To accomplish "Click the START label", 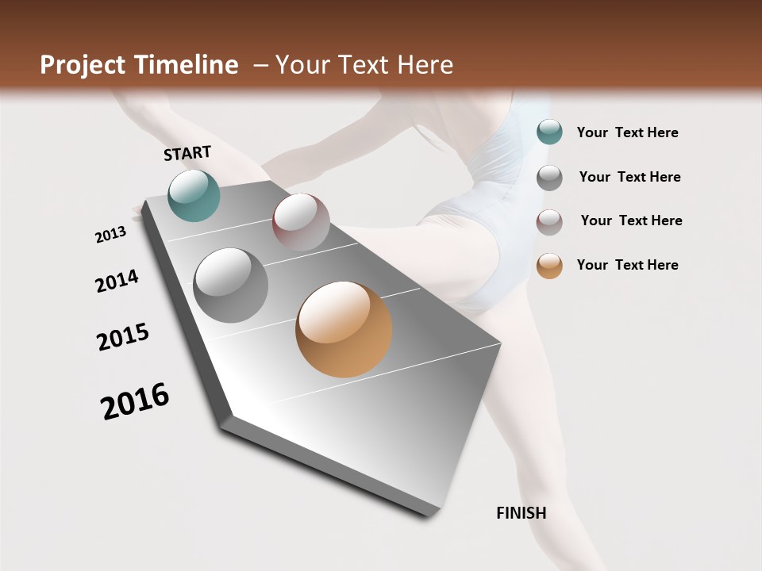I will pyautogui.click(x=187, y=153).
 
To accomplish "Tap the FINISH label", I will pyautogui.click(x=521, y=513).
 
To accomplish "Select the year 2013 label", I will pyautogui.click(x=111, y=235).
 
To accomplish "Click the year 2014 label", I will pyautogui.click(x=117, y=281).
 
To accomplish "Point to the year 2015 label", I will pyautogui.click(x=123, y=337).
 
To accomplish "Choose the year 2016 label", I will pyautogui.click(x=135, y=401).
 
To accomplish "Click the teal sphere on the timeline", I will pyautogui.click(x=194, y=195).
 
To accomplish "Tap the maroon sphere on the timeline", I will pyautogui.click(x=301, y=222).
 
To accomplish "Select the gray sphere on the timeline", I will pyautogui.click(x=231, y=285).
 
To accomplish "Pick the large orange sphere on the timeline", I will pyautogui.click(x=344, y=329).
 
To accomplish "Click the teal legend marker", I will pyautogui.click(x=549, y=132).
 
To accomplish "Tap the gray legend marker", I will pyautogui.click(x=549, y=177).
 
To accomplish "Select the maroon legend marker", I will pyautogui.click(x=549, y=221).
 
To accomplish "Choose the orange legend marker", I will pyautogui.click(x=549, y=266).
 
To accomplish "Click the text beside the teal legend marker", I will pyautogui.click(x=627, y=132).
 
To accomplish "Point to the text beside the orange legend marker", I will pyautogui.click(x=627, y=265).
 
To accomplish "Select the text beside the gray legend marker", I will pyautogui.click(x=629, y=177).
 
